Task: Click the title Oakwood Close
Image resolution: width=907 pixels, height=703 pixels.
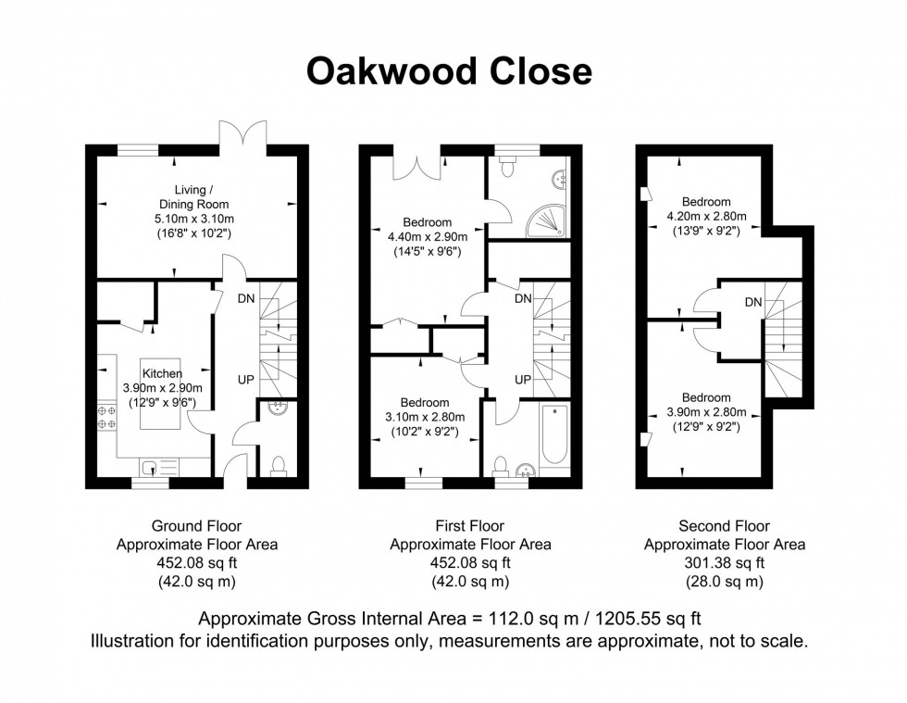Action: pos(449,70)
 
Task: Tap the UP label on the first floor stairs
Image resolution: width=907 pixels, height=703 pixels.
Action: pos(522,380)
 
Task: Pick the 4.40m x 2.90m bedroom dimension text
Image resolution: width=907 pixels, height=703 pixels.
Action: pos(427,237)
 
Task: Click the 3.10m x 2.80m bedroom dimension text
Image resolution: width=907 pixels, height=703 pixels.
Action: pos(425,418)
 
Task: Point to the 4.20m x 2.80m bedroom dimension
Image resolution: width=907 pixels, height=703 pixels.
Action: pos(707,217)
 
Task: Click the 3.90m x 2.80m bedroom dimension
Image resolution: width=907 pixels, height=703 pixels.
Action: pos(706,412)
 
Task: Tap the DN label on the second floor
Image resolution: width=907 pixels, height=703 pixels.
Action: pos(753,302)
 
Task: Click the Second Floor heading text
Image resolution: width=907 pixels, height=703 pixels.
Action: pos(724,527)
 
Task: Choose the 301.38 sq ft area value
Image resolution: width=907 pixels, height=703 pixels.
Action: pos(724,563)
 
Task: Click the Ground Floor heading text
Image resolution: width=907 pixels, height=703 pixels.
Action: pos(195,527)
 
